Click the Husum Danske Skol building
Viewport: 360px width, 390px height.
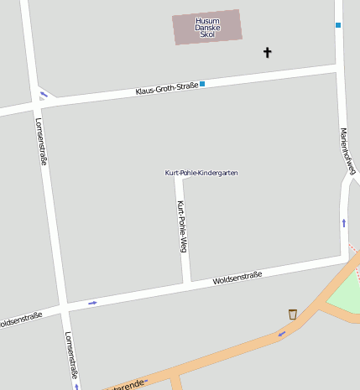[206, 27]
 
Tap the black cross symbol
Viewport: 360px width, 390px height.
[268, 53]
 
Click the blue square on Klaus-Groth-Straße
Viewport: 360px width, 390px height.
[202, 84]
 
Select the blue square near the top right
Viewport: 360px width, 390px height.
[338, 25]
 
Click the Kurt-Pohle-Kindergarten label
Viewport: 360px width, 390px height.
[201, 173]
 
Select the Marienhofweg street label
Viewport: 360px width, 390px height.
[347, 152]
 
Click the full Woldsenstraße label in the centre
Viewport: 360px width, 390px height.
[237, 278]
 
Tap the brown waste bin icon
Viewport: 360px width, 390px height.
[292, 314]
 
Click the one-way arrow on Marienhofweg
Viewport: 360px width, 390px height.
[344, 222]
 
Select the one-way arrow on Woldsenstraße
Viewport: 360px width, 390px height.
[92, 302]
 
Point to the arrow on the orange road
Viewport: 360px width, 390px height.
[281, 333]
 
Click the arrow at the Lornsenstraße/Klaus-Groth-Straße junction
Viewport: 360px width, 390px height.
[44, 94]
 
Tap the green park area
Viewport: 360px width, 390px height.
[346, 294]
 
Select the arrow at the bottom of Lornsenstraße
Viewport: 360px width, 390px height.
[76, 387]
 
